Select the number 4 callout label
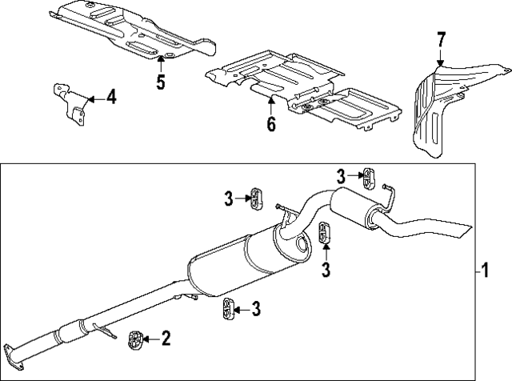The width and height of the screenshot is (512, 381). tap(110, 98)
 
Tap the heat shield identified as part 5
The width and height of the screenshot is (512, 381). tap(128, 32)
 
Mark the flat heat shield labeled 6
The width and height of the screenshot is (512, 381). tap(304, 88)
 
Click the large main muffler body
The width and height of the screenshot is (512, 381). tap(240, 264)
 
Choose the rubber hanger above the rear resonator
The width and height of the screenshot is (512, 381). tap(367, 175)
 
